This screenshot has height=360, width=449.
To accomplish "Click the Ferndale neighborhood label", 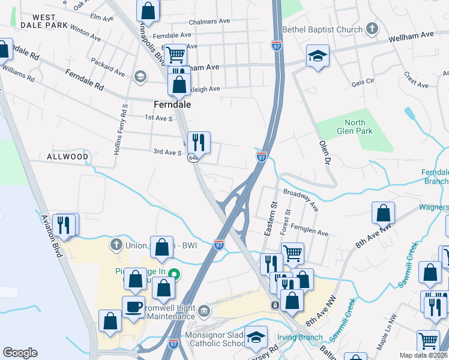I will pos(172,104).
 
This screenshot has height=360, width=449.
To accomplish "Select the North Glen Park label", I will pos(354,127).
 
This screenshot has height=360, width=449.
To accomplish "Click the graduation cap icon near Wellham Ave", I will pos(318,56).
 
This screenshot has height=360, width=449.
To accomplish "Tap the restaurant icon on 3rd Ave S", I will pos(199,142).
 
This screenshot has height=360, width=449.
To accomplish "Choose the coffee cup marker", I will pos(133,307).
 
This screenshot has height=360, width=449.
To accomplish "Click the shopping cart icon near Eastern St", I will pos(292,253).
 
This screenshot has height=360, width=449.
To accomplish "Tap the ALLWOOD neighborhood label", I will pos(68,157).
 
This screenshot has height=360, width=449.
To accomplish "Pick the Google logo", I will pos(20,353).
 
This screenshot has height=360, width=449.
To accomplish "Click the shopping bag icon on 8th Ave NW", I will pos(383,213).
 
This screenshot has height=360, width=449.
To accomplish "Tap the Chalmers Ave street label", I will pos(209,22).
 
